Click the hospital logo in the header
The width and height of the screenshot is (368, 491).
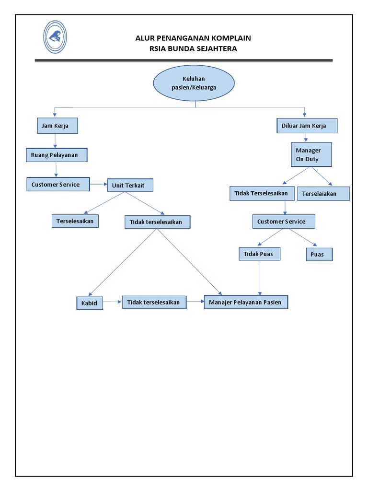click(55, 37)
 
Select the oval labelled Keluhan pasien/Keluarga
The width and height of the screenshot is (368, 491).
click(194, 83)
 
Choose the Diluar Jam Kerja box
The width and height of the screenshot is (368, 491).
click(307, 126)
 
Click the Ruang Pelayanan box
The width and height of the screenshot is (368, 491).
click(57, 155)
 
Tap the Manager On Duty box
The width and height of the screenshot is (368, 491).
click(311, 154)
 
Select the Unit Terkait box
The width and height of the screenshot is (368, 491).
click(130, 185)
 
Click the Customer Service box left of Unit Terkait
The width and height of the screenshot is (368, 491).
click(57, 184)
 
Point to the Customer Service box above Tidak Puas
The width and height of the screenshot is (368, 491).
click(284, 222)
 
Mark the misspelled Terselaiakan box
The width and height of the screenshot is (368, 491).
click(323, 194)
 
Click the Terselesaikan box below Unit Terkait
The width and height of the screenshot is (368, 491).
click(75, 221)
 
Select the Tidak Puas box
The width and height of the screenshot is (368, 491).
click(259, 254)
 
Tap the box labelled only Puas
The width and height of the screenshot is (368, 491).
click(319, 254)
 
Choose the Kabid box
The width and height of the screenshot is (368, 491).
click(90, 303)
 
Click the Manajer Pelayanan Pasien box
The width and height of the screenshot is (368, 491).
click(246, 302)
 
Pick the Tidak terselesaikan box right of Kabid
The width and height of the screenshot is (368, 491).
click(154, 302)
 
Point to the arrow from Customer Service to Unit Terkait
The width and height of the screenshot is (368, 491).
click(98, 184)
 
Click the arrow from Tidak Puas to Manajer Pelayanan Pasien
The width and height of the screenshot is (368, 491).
click(260, 278)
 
